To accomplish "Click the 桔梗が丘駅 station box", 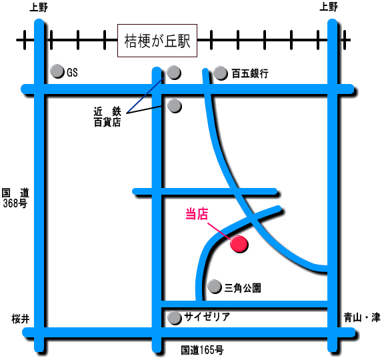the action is coord(157,41).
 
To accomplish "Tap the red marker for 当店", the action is coord(239,244).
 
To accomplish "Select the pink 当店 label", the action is coord(197,215).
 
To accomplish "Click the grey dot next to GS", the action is coord(57,71).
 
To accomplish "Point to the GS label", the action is coord(72,73).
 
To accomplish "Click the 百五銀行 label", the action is coord(250,73).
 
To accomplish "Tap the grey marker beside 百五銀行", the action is coord(221,73).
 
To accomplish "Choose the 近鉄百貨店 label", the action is coord(107,117).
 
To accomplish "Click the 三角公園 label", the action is coord(243,288).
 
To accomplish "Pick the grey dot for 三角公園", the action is coord(215,287).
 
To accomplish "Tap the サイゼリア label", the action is coord(207,317).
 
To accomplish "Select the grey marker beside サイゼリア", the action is coord(175,318).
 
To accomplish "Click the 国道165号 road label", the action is coord(202,350).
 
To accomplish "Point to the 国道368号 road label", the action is coord(15,198).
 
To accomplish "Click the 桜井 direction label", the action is coord(21,319).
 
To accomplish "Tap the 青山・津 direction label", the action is coord(362,317).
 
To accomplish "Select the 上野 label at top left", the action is coord(39,7).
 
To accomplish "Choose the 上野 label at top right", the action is coord(329,7).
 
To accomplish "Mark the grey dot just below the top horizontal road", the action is coord(175,106).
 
